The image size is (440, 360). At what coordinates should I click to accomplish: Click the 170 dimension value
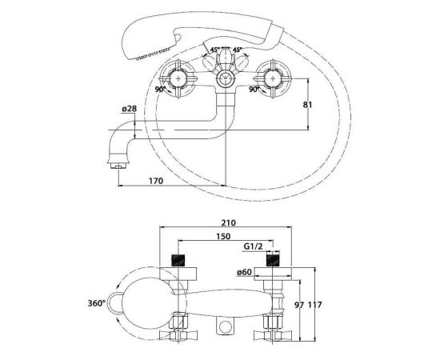pos(156,181)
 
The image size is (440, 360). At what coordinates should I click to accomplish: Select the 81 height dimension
pos(307,105)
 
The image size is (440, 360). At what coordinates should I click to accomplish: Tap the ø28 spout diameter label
pos(130,109)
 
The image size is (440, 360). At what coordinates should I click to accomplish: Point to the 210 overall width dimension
pos(229,222)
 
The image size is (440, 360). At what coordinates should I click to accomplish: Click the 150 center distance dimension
pos(223,237)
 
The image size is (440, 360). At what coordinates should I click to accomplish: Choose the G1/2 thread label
pos(253,246)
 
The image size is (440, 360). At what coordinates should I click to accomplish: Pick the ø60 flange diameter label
pos(244,272)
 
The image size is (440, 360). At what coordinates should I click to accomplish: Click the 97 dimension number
pos(300,305)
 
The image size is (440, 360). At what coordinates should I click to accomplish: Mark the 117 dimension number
pos(314,305)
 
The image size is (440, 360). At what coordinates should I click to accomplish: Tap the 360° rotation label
pos(97,303)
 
